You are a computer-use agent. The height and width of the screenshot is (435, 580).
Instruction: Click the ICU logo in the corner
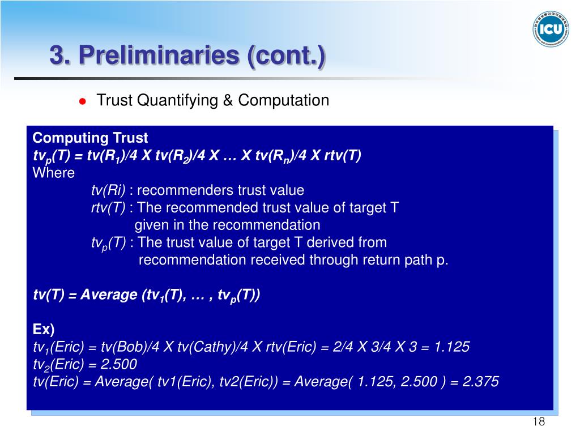(x=551, y=29)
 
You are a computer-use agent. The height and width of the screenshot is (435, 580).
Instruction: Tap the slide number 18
(x=539, y=421)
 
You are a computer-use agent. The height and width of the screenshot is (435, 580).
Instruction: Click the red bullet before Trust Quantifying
(x=83, y=101)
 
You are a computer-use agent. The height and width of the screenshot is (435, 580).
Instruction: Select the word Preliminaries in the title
(x=159, y=55)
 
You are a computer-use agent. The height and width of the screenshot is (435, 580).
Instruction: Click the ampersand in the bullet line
(x=228, y=100)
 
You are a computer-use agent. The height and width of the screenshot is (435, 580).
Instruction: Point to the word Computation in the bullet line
(x=283, y=100)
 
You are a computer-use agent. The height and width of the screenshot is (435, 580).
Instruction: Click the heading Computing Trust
(x=90, y=138)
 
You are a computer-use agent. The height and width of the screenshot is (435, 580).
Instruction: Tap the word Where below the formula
(x=54, y=173)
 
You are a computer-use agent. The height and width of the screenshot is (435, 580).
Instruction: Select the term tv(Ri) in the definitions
(x=108, y=190)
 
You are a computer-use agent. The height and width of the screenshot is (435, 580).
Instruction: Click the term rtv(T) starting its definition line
(x=108, y=207)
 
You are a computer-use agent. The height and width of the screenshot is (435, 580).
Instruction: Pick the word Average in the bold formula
(x=109, y=295)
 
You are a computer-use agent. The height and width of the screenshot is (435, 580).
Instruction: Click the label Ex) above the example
(x=44, y=329)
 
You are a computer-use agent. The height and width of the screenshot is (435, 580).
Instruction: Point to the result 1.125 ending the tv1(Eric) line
(x=451, y=347)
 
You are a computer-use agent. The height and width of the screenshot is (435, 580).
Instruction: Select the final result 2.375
(x=480, y=381)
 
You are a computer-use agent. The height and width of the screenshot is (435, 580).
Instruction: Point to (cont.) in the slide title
(x=286, y=56)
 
